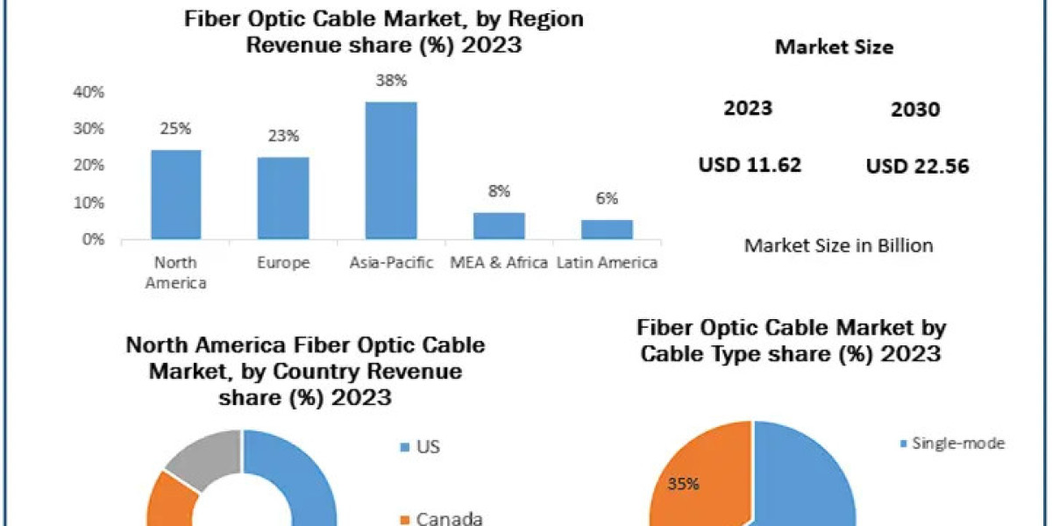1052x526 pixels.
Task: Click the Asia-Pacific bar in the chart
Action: tap(391, 170)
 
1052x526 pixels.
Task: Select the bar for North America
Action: tap(176, 194)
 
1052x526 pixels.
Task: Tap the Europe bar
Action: tap(283, 197)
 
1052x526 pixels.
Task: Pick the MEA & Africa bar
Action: tap(499, 225)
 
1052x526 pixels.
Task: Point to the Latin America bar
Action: tap(607, 229)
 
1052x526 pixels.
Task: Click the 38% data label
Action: tap(391, 81)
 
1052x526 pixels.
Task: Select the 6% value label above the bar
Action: tap(607, 199)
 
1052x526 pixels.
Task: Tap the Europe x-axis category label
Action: tap(283, 262)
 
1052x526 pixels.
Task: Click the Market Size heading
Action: tap(834, 47)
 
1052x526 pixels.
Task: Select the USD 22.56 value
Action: tap(917, 167)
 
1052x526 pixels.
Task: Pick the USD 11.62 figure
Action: tap(750, 164)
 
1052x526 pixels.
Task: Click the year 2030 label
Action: tap(914, 110)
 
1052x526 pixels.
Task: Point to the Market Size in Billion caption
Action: tap(838, 245)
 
